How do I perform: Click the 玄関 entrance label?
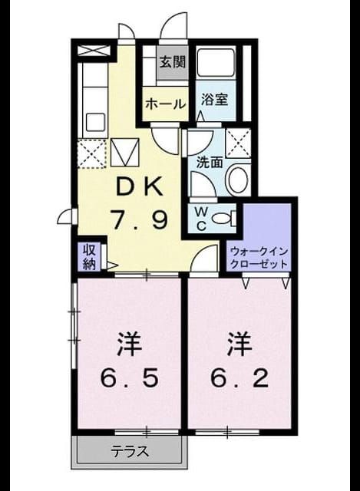coord(173,62)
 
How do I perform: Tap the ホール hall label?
coord(165,104)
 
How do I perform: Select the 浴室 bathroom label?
coord(214,100)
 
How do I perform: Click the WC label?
coord(201,219)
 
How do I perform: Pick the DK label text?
coord(139,187)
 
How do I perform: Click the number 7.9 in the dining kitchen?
coord(140,219)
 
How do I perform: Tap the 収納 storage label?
coord(89,256)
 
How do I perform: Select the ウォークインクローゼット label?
coord(259,258)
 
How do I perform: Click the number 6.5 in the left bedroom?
coord(130,378)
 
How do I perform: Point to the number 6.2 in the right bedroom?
coord(239,378)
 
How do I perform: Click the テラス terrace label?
coord(130,451)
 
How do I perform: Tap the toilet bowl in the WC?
coord(223,218)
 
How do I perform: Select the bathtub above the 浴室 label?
coord(216,63)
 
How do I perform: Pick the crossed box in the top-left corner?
coord(94,50)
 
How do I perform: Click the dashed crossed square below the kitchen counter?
coord(92,153)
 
